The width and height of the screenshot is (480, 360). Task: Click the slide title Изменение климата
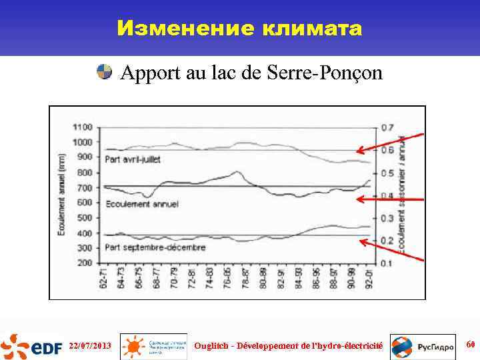coord(239,29)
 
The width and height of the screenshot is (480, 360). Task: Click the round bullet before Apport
coord(104,72)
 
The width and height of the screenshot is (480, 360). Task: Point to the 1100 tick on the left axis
coord(83,127)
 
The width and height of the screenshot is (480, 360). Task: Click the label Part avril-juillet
coord(137,159)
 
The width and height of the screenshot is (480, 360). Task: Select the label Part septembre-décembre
coord(155,247)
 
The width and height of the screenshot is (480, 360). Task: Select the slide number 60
coord(470,345)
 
